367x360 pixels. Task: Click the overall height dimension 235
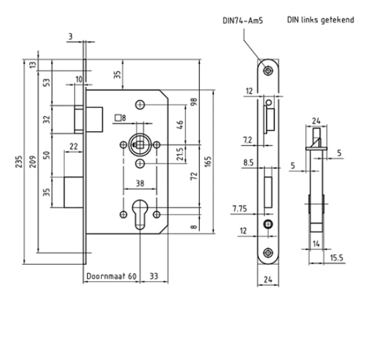click(10, 162)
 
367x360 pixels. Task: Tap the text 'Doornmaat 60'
click(110, 276)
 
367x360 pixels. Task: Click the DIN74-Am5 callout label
click(243, 21)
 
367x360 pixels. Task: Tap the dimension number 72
click(194, 179)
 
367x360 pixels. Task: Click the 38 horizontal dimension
click(139, 182)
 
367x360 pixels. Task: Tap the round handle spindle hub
click(139, 145)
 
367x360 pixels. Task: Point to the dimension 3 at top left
click(70, 36)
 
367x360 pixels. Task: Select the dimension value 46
click(179, 124)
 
